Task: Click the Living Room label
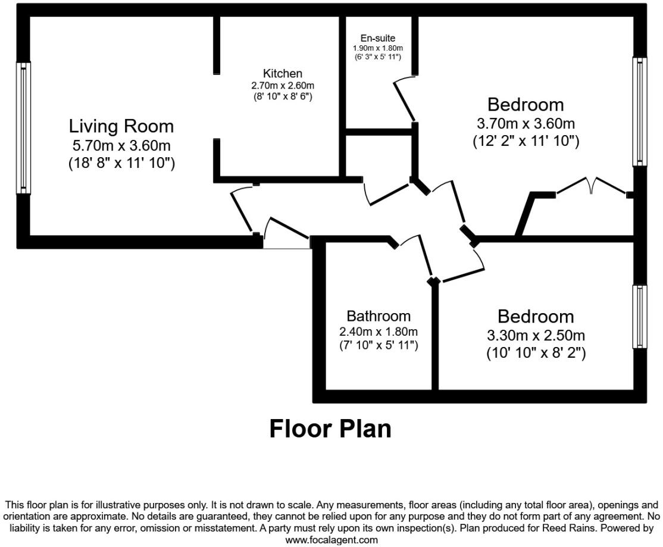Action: [x=121, y=126]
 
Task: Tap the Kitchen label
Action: [x=283, y=74]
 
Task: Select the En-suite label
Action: [x=378, y=38]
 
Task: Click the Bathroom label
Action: [x=379, y=316]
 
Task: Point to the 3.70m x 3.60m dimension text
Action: [x=526, y=124]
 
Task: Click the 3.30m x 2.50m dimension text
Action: [x=536, y=335]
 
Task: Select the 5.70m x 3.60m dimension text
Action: [x=121, y=145]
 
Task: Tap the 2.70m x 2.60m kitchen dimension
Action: [x=283, y=85]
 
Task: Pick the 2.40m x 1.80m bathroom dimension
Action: [x=379, y=332]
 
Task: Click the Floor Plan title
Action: [x=330, y=429]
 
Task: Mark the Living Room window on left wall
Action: [x=23, y=128]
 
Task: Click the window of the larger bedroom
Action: [x=640, y=112]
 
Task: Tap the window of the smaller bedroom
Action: [x=640, y=316]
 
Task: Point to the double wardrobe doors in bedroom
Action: [x=591, y=186]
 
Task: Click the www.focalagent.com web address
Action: [x=331, y=540]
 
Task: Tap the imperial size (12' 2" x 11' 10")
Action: [x=526, y=142]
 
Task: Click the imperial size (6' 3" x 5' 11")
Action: [x=378, y=57]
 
